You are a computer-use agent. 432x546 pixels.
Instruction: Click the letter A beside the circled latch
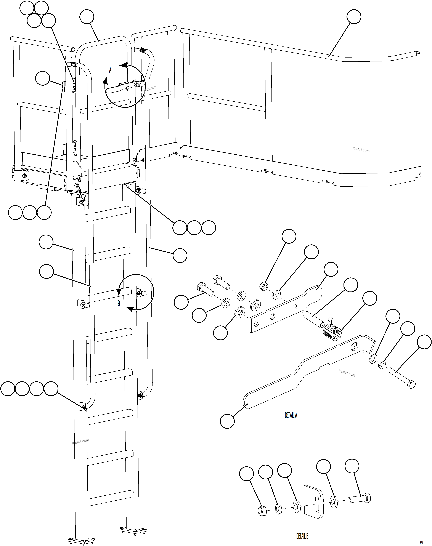coord(110,70)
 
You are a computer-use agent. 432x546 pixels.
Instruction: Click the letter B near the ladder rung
coord(119,303)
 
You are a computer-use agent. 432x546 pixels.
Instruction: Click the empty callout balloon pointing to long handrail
coord(354,17)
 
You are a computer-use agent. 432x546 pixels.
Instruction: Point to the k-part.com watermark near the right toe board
coord(361,150)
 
